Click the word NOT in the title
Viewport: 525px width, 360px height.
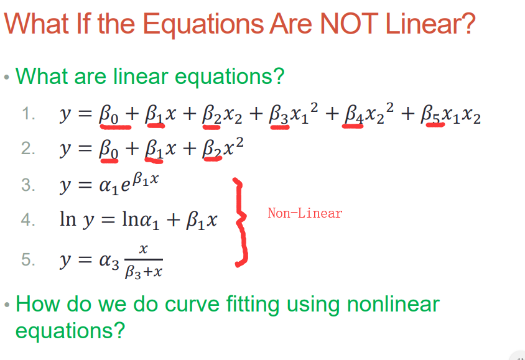pos(349,24)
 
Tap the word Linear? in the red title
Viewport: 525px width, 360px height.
pos(430,24)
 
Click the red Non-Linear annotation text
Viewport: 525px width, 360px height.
pos(305,213)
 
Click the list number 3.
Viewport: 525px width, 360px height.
pos(28,185)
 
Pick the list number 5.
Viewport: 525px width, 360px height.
pos(28,260)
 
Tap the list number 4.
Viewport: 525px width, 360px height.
pos(28,220)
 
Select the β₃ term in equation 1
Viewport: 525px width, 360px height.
pos(279,114)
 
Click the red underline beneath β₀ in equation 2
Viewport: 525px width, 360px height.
pos(109,161)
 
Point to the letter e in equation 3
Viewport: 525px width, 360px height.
pos(126,186)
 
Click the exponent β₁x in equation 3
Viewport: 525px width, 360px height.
pos(146,180)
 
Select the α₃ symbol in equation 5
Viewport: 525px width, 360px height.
pos(109,261)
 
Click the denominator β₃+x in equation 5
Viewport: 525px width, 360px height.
pos(143,272)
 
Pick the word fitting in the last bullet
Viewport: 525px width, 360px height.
pos(253,305)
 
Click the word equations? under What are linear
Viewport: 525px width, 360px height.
pos(230,77)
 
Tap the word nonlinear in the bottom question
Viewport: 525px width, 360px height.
pos(393,304)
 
